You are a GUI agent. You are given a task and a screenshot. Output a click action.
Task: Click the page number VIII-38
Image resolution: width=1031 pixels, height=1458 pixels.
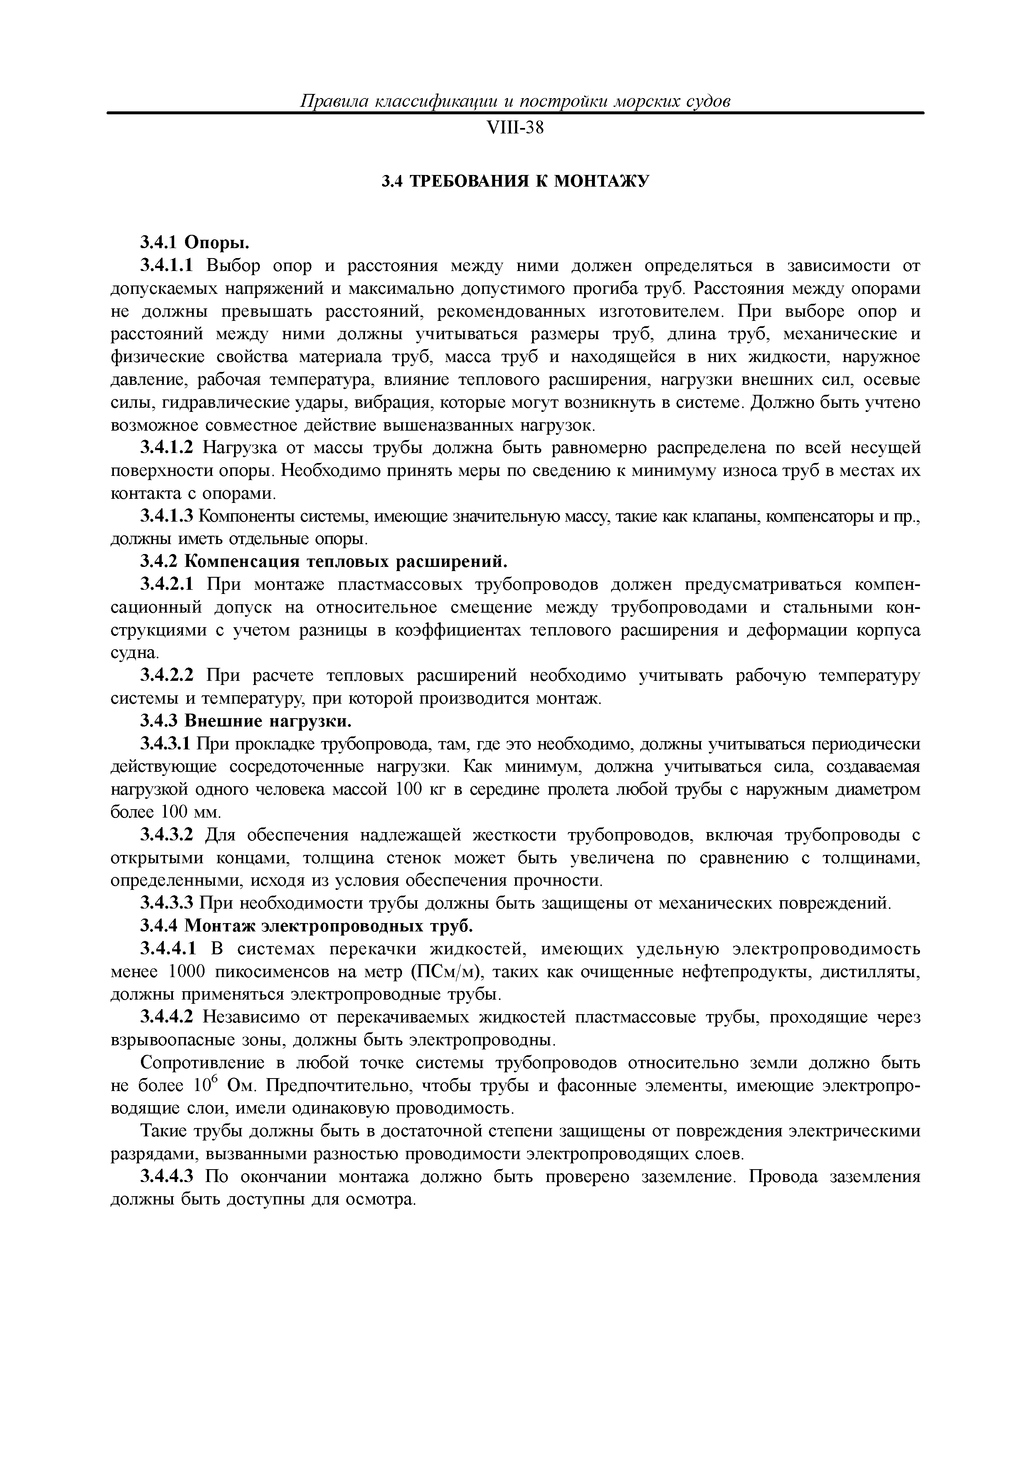point(515,128)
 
